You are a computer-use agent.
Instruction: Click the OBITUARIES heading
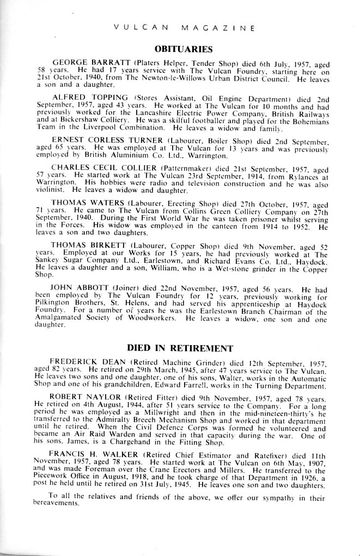pos(180,48)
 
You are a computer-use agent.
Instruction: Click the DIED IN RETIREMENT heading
pos(180,348)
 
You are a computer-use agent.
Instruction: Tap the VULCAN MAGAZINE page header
pos(180,26)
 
